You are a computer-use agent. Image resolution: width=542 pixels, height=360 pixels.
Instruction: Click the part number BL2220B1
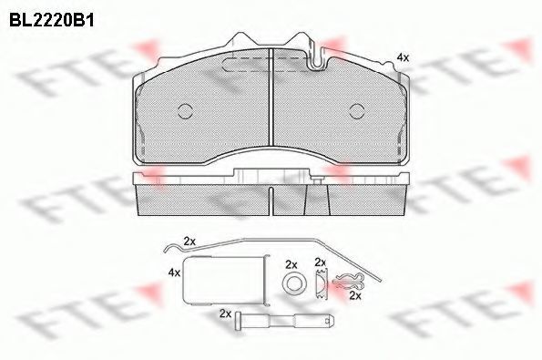[x=52, y=20]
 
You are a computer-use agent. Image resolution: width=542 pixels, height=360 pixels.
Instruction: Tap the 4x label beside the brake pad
[x=403, y=57]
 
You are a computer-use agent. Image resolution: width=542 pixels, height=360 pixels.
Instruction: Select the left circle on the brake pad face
[x=185, y=111]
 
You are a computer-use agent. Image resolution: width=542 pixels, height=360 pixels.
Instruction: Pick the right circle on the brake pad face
[x=357, y=111]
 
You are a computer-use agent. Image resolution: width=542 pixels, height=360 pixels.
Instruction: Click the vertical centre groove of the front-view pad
[x=271, y=97]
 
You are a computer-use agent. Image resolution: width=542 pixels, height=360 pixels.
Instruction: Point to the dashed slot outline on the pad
[x=265, y=65]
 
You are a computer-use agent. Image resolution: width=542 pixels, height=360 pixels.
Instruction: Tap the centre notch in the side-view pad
[x=271, y=201]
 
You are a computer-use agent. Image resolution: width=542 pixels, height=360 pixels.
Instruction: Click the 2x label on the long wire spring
[x=189, y=242]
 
